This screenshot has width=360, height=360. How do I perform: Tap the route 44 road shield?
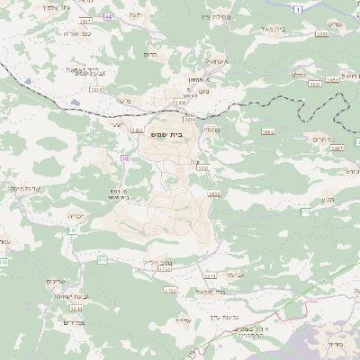pos(109,17)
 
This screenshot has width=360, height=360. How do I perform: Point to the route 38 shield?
pos(124,158)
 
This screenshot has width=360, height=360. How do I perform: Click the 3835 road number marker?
pos(214,193)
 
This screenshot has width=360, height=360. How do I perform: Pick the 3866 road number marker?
pos(267,131)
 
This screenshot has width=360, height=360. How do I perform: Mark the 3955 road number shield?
pos(321,33)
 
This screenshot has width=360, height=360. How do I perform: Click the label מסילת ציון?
pos(215,15)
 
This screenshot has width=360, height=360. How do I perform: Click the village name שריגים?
pos(56,281)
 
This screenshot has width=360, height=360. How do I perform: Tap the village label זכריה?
pos(76,217)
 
